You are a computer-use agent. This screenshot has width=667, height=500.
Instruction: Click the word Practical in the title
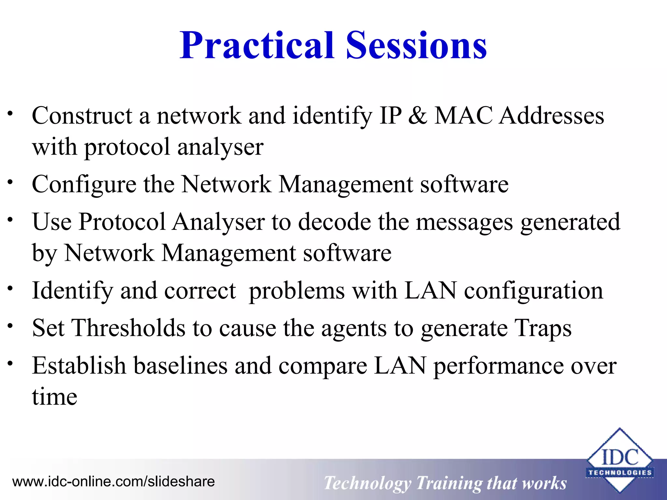[257, 46]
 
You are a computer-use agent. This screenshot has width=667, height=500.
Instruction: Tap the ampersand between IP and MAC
[418, 116]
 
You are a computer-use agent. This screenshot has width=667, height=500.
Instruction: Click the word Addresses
[552, 116]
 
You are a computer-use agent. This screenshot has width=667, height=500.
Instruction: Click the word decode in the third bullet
[334, 222]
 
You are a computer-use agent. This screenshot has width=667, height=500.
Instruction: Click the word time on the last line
[55, 397]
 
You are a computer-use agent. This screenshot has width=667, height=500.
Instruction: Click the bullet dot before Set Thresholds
[10, 326]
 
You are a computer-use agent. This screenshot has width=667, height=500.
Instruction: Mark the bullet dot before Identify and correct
[10, 288]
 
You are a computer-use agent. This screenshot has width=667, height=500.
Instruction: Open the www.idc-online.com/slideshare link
[113, 481]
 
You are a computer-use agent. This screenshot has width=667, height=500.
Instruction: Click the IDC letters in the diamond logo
[620, 457]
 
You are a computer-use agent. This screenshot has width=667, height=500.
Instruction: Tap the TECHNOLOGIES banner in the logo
[620, 473]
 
